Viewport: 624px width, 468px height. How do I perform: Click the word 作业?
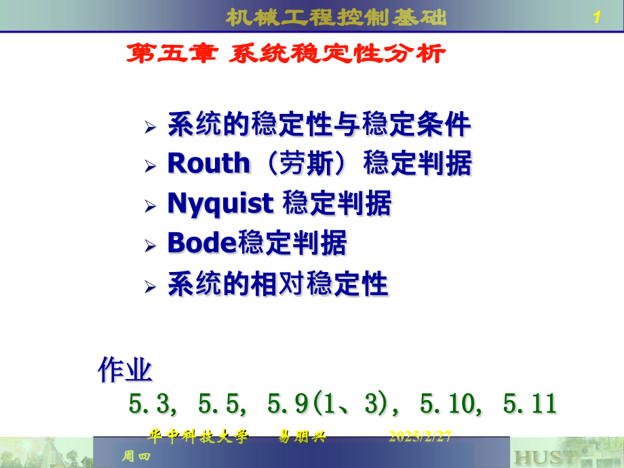[125, 370]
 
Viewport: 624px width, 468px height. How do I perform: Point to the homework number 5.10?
[448, 404]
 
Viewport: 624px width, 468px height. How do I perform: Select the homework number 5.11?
[530, 404]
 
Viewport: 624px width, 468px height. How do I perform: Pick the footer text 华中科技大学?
[199, 437]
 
